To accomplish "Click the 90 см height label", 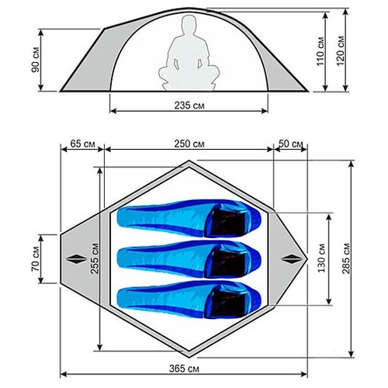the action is tap(36, 60).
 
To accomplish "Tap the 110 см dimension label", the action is tap(320, 51).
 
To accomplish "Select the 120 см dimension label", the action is tap(341, 51).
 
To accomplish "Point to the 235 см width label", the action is tap(189, 106).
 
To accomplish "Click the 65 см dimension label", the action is tap(82, 144).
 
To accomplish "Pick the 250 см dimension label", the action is tap(189, 144).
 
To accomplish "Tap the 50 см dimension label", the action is tap(290, 144).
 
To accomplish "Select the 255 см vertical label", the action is tap(95, 258).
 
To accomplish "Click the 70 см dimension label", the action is tap(36, 258).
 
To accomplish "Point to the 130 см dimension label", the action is tap(321, 258).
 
